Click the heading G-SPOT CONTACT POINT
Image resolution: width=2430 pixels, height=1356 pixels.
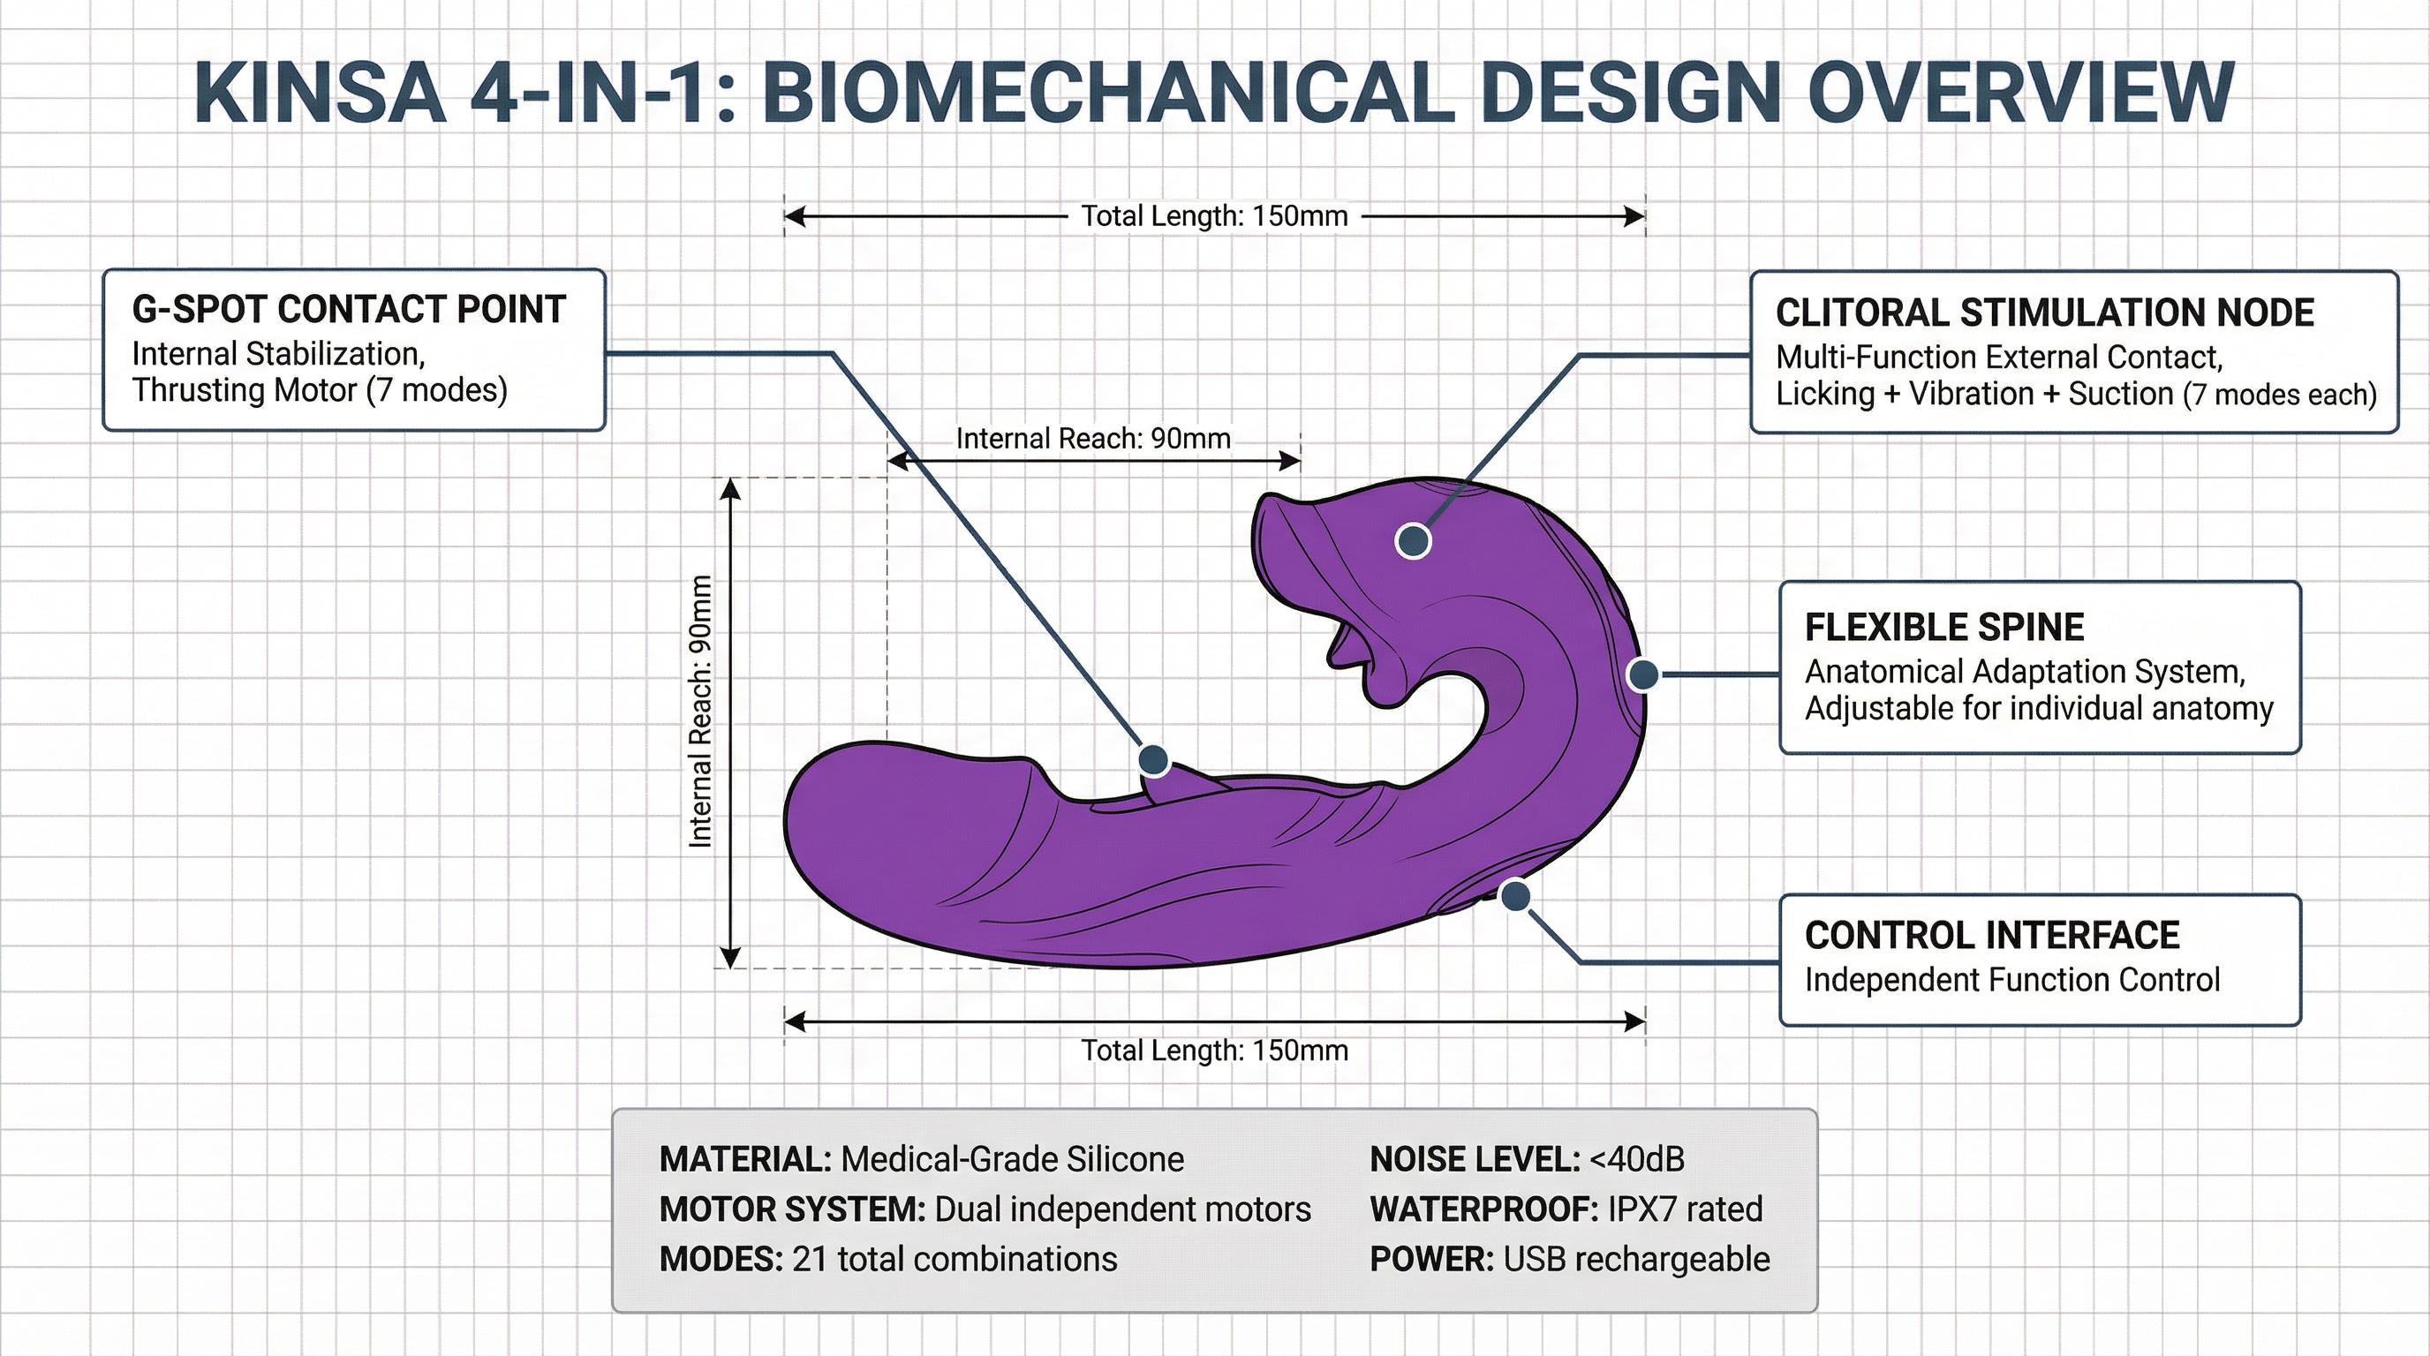[348, 309]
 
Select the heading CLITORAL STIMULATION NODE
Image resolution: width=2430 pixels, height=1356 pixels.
[2044, 313]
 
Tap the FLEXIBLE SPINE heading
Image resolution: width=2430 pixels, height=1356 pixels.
[1943, 627]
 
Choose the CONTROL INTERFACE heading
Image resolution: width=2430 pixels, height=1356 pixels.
[1991, 936]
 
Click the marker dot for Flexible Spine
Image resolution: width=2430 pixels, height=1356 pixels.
[1643, 674]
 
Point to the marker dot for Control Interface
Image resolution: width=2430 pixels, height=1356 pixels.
[1514, 896]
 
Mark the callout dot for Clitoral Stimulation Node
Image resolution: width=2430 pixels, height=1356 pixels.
[1412, 540]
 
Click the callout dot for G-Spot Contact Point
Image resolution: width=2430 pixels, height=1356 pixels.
[1152, 759]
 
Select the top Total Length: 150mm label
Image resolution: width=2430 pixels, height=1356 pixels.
[1213, 216]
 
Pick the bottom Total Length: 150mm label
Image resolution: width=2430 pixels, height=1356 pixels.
[1213, 1051]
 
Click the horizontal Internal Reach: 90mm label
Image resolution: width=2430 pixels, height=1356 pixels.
[1092, 439]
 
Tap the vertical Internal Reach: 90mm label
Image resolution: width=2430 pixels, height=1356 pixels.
[700, 711]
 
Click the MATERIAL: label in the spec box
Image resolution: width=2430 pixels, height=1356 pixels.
[744, 1159]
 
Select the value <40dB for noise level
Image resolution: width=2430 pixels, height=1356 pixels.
[1637, 1159]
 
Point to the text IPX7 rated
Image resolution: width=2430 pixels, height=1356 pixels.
[1684, 1209]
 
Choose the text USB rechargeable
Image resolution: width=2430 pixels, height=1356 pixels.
[1635, 1259]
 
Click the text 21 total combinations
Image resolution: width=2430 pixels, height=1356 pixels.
[954, 1259]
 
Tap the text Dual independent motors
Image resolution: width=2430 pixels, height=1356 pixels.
[1121, 1209]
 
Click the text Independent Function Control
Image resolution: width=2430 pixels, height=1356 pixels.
[2011, 980]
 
